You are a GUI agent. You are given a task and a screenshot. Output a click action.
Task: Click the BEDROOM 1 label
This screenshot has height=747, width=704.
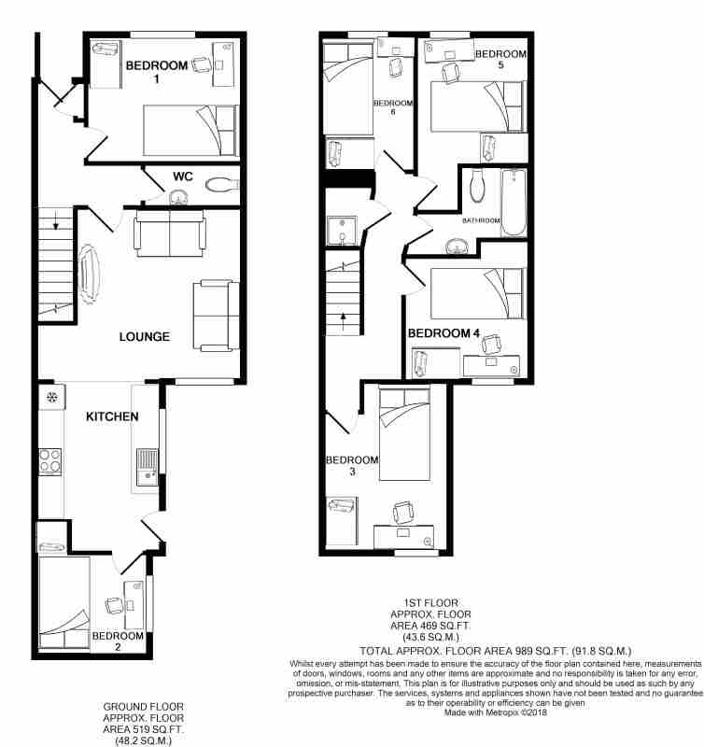tap(157, 71)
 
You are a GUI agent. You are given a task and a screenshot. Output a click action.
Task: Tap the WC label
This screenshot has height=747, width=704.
tap(183, 176)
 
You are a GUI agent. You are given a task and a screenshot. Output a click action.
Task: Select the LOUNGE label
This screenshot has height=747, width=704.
tap(145, 337)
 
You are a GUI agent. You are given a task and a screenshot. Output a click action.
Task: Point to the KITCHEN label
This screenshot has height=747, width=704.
tap(112, 416)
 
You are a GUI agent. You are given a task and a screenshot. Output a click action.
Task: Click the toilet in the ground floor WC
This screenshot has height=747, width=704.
tap(222, 184)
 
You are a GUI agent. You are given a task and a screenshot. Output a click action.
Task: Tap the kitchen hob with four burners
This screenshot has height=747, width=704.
tap(50, 461)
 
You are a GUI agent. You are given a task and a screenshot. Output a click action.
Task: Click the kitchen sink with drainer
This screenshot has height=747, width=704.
tap(148, 467)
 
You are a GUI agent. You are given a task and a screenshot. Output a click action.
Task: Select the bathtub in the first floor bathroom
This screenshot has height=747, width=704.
tap(514, 203)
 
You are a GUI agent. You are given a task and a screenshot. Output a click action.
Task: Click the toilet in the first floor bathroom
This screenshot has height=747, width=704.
tap(477, 186)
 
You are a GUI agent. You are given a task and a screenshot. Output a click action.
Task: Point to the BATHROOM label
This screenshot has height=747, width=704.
tap(481, 220)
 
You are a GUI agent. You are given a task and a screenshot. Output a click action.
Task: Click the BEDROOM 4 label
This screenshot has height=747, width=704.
tap(444, 333)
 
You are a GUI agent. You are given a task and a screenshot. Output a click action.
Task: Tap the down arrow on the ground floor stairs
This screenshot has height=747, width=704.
tap(56, 221)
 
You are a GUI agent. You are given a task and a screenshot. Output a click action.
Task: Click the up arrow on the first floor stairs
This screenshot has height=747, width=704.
tap(343, 321)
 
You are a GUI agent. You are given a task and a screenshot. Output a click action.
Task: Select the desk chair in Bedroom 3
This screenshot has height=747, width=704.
tap(403, 513)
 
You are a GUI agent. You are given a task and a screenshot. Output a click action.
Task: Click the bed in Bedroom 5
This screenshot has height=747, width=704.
tap(478, 106)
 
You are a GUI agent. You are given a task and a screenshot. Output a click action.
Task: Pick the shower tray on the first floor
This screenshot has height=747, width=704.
tap(342, 231)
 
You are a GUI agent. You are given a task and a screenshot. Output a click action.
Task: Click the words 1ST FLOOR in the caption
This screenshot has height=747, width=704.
tap(431, 603)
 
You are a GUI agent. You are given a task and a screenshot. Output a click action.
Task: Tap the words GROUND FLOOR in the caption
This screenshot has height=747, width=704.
tap(144, 707)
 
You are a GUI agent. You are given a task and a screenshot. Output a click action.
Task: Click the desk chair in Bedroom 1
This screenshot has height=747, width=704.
tap(202, 64)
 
